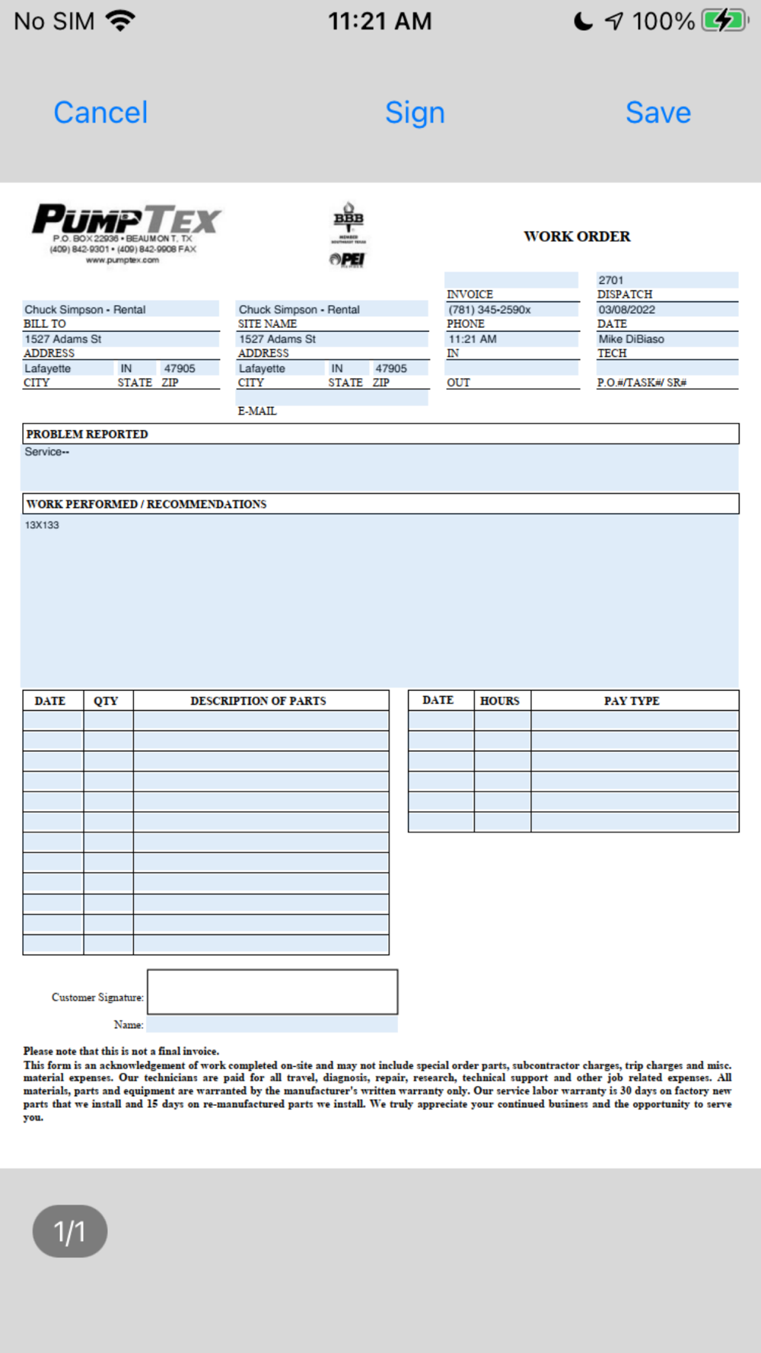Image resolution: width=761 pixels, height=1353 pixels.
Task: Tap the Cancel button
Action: coord(100,113)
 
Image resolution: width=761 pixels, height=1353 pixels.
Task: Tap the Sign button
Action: coord(415,113)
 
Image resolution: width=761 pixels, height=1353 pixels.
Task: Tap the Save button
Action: coord(658,113)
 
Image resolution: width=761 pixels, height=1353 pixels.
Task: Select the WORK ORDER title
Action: coord(577,237)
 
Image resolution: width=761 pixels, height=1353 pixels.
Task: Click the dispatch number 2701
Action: coord(611,280)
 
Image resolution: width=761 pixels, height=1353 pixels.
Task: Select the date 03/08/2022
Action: coord(626,310)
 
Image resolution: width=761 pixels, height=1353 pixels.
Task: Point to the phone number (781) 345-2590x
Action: coord(489,310)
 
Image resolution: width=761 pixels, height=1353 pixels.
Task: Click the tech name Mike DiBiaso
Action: coord(631,339)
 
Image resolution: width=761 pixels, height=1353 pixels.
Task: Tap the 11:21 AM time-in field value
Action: coord(473,339)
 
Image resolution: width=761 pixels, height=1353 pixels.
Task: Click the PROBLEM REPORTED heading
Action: coord(88,435)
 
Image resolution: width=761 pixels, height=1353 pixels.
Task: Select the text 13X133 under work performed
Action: coord(42,525)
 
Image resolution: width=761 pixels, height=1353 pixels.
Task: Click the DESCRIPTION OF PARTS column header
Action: coord(258,701)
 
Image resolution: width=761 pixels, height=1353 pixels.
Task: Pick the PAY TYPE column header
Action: coord(632,701)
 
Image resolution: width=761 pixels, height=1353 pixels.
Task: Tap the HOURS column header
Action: coord(500,701)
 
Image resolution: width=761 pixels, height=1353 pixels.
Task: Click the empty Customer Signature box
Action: coord(272,992)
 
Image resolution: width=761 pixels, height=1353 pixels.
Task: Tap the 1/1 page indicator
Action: coord(70,1231)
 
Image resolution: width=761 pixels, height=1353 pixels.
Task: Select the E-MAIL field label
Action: coord(257,411)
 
